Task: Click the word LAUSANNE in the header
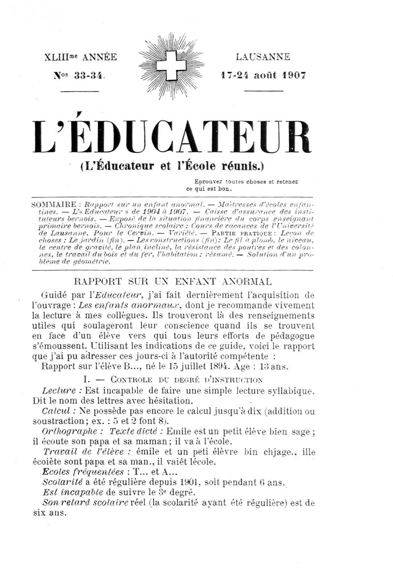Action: click(263, 57)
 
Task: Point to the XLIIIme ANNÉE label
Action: click(81, 57)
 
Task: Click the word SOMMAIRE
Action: click(55, 204)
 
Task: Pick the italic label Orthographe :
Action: click(72, 432)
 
